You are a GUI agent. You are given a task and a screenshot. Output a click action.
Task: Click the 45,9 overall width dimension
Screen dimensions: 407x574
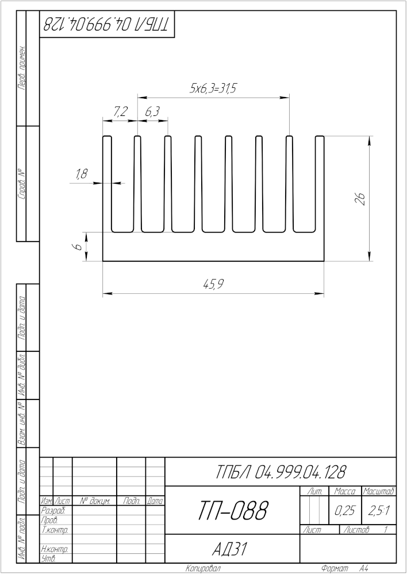[214, 285]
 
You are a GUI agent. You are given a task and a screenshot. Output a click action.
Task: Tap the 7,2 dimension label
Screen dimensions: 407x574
[120, 112]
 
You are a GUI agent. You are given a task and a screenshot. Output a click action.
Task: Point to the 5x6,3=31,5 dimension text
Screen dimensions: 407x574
[212, 89]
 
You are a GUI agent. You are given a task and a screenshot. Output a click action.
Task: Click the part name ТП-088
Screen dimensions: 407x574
[233, 511]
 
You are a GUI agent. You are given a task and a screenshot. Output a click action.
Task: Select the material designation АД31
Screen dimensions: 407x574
[231, 549]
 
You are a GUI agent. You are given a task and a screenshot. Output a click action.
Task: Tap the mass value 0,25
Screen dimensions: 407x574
[345, 511]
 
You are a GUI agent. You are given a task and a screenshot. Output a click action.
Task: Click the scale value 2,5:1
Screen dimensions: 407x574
[379, 511]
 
